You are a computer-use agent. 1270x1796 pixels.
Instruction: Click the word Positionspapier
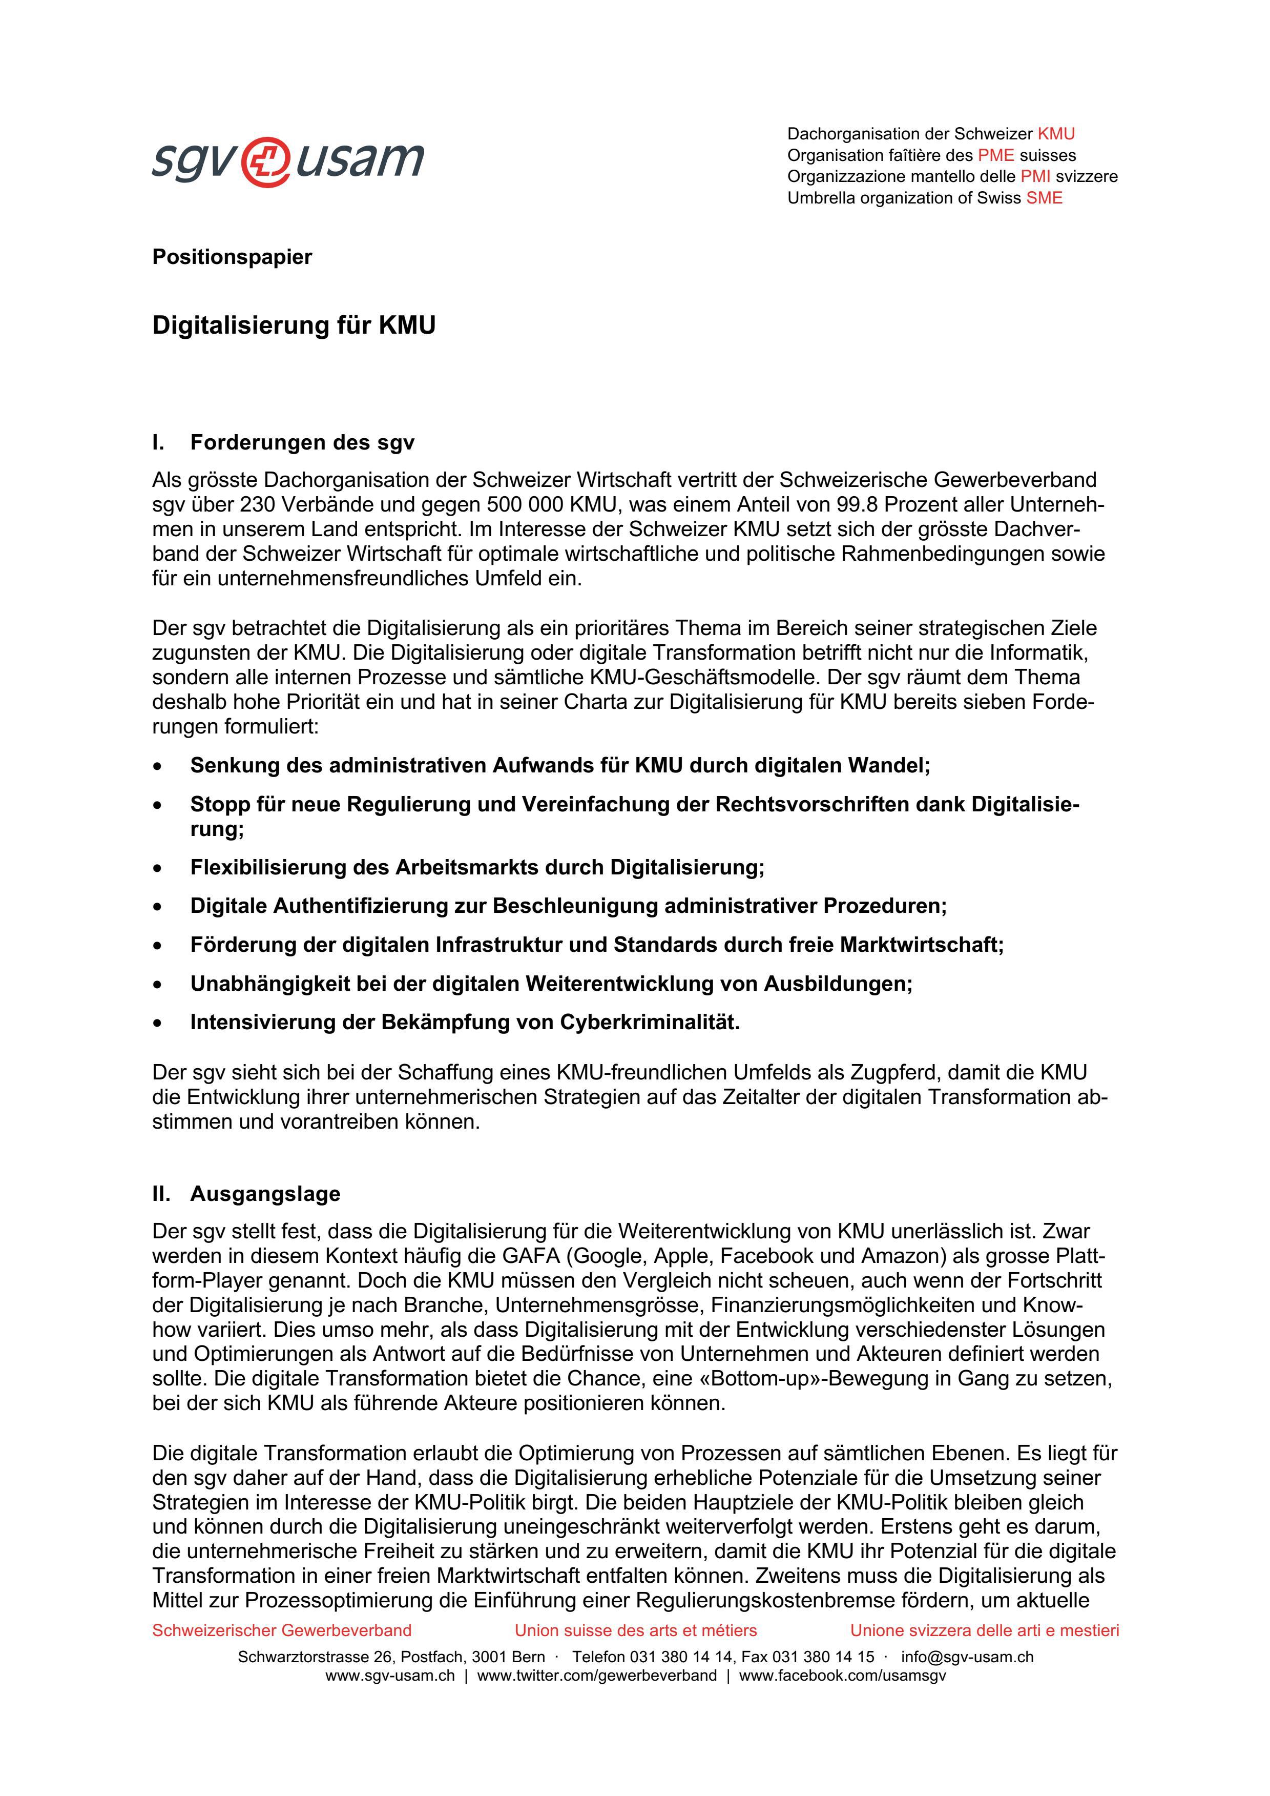pos(232,257)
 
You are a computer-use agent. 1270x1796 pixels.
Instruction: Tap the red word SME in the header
pos(1044,198)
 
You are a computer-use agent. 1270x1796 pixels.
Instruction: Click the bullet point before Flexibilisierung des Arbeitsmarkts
pos(159,868)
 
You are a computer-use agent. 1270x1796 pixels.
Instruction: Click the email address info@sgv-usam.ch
pos(967,1657)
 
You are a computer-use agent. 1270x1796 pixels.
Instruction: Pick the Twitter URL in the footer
pos(597,1676)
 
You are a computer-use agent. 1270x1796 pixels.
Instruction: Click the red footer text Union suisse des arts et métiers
pos(635,1630)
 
